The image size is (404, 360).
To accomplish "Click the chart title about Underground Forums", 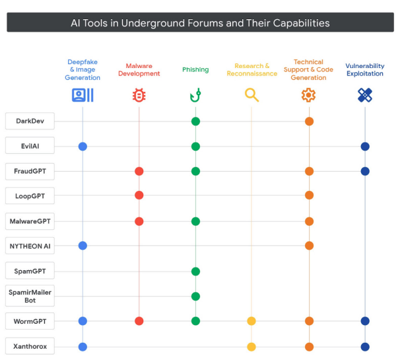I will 200,23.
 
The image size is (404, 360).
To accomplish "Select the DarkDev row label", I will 30,122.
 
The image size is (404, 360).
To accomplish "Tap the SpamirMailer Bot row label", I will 30,296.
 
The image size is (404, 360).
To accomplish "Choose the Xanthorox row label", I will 30,346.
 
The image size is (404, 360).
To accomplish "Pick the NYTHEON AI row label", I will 30,246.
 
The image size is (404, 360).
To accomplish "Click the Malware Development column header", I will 139,70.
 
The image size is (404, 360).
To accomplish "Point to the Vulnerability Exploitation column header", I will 364,70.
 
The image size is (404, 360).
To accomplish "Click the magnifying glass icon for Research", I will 252,95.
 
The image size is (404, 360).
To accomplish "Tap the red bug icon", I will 139,95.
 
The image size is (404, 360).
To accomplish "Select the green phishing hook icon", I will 195,95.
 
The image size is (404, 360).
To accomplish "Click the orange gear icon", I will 308,95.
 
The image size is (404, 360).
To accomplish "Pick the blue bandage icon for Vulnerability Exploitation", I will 364,95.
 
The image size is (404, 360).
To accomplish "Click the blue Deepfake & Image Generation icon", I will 83,95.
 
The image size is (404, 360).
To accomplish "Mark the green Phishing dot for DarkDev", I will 195,122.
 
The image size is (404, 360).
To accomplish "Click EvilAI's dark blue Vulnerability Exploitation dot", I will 365,147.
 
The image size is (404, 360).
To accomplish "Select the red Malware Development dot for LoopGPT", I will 139,196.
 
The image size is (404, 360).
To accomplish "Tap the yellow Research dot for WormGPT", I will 252,321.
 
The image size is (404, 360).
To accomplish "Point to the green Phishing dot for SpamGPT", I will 195,271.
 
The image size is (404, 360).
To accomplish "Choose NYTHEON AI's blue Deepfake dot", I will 83,246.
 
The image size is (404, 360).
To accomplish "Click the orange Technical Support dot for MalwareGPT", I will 309,221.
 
